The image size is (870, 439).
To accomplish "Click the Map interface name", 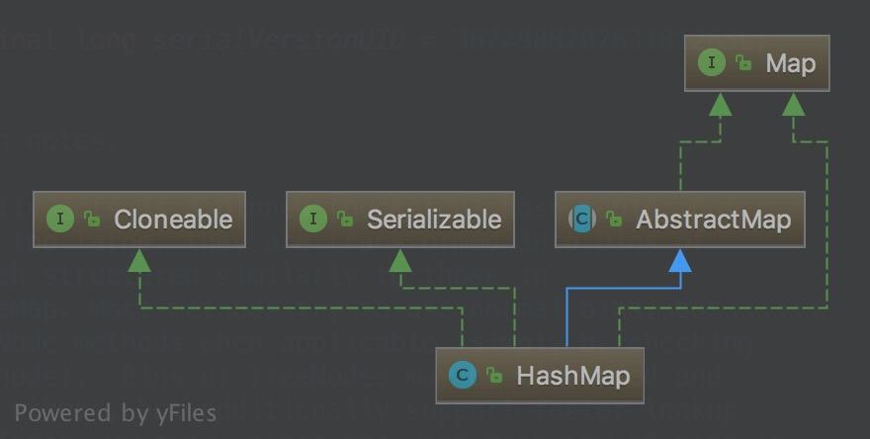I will pyautogui.click(x=790, y=64).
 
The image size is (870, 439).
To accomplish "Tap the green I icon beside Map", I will pyautogui.click(x=711, y=63).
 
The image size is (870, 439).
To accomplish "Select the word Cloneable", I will pyautogui.click(x=172, y=219).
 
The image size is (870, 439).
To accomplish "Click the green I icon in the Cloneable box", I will pyautogui.click(x=60, y=219).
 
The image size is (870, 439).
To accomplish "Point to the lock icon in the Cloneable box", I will pyautogui.click(x=91, y=219).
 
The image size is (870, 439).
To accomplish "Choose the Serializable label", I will pyautogui.click(x=433, y=219).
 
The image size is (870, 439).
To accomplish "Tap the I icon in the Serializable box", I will pyautogui.click(x=313, y=219).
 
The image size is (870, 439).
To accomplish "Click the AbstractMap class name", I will pyautogui.click(x=713, y=219).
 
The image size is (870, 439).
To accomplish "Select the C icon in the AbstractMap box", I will pyautogui.click(x=582, y=219).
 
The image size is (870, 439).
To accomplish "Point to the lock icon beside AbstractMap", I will pyautogui.click(x=613, y=219).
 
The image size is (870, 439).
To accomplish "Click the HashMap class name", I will pyautogui.click(x=572, y=376).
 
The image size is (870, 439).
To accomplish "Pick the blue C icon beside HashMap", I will pyautogui.click(x=462, y=375).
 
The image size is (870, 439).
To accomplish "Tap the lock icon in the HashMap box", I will pyautogui.click(x=493, y=376).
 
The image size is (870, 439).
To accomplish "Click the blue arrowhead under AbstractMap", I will pyautogui.click(x=679, y=261).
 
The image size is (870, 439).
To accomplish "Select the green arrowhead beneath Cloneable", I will pyautogui.click(x=139, y=261).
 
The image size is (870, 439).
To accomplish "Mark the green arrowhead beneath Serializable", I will pyautogui.click(x=400, y=261).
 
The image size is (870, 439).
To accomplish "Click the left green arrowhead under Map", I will pyautogui.click(x=721, y=104).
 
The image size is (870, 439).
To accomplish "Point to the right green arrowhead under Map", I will pyautogui.click(x=793, y=104).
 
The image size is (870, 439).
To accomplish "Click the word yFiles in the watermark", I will pyautogui.click(x=186, y=412).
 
